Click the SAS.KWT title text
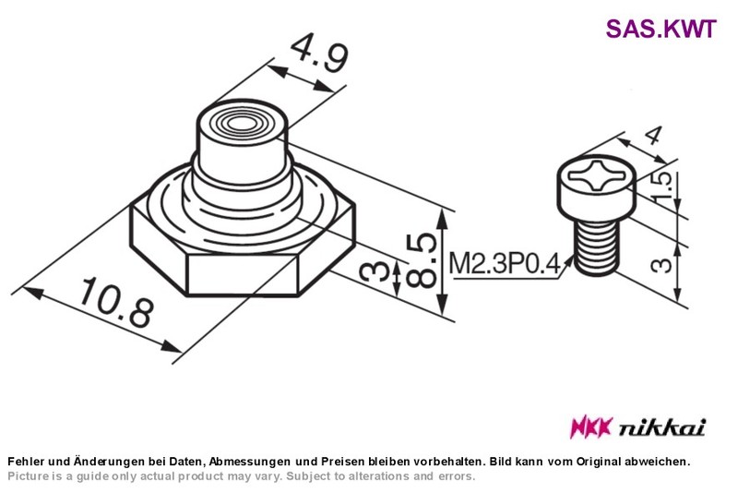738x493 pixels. point(661,29)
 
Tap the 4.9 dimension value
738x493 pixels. point(319,54)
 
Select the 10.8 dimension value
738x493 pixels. point(117,302)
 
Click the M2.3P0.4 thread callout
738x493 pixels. point(505,263)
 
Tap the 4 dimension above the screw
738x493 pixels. point(653,136)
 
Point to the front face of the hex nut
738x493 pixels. point(243,274)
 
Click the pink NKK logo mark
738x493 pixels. point(591,427)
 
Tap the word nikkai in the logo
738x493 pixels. point(661,427)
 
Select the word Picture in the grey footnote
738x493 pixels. point(28,476)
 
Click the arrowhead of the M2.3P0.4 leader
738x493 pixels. point(568,260)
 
